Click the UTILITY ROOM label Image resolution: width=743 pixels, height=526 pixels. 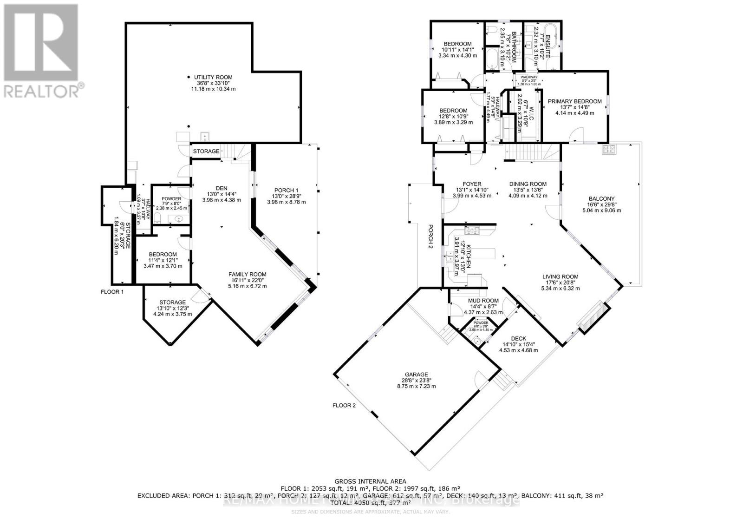213,77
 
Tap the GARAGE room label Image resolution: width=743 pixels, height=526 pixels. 416,375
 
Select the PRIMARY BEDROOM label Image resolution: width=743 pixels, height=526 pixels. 574,101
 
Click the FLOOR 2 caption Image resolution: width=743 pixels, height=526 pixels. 344,405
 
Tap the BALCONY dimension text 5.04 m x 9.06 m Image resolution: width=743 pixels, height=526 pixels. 601,210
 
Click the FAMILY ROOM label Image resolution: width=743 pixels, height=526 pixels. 247,274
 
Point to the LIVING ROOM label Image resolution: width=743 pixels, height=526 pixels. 560,277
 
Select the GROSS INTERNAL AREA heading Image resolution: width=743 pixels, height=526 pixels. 370,481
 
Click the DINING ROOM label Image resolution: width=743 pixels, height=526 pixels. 528,184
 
